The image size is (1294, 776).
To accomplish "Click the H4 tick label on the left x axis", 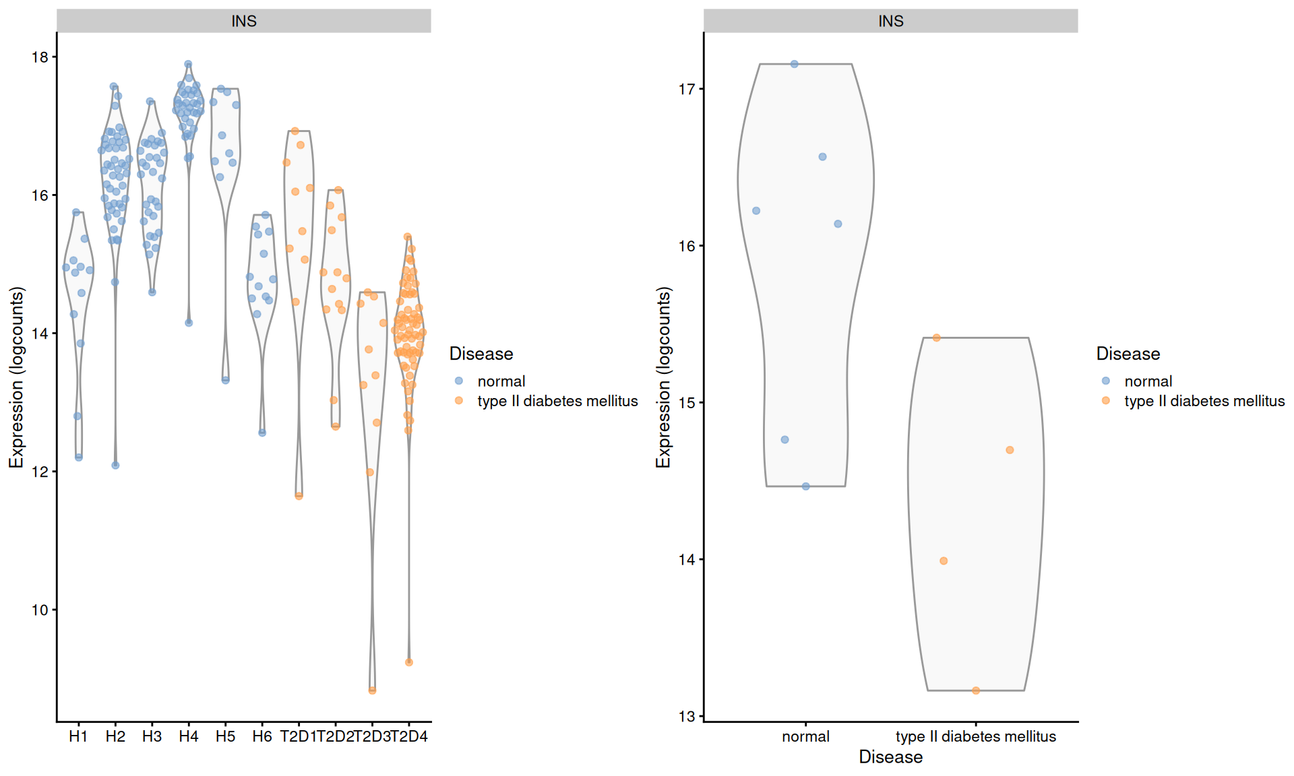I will [188, 736].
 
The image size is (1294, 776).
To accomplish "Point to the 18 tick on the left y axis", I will [40, 57].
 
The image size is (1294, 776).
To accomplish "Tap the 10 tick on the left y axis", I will [40, 610].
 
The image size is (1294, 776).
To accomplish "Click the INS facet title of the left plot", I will [243, 21].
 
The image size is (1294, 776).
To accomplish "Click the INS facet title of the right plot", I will [890, 21].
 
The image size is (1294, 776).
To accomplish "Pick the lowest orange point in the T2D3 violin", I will [372, 690].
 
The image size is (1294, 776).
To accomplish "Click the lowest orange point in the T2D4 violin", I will [409, 662].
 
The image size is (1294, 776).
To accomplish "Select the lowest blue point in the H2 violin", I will [115, 465].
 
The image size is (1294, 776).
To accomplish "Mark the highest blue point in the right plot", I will [795, 64].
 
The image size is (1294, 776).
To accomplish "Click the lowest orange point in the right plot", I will [976, 690].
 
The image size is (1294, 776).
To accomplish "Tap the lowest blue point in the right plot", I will [806, 486].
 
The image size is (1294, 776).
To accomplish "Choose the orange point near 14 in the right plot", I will [944, 561].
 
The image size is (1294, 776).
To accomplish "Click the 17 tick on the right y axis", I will [686, 89].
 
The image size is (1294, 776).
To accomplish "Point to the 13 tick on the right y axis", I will [686, 717].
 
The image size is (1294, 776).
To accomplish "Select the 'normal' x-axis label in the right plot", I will [805, 736].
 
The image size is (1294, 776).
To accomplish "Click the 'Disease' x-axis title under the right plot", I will [890, 757].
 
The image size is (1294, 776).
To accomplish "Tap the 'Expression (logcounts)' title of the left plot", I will [17, 377].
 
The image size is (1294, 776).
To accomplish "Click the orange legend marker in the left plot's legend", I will [459, 401].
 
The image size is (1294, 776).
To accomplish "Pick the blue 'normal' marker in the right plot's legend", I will [1106, 381].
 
